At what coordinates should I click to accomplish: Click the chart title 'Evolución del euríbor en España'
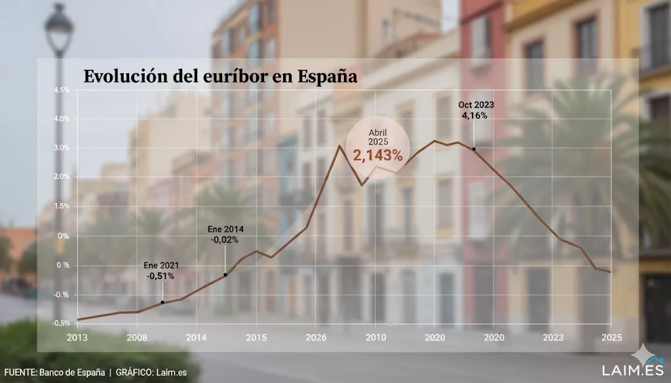point(220,77)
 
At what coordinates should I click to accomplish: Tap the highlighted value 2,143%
point(377,155)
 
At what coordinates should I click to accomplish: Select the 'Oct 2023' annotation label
point(476,105)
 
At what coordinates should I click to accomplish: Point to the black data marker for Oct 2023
point(474,149)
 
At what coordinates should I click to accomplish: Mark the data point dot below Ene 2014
point(225,274)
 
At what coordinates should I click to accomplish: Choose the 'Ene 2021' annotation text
point(161,266)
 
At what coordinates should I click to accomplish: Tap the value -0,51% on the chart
point(161,276)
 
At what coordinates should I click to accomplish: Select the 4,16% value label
point(476,116)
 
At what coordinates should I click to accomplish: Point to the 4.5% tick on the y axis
point(62,90)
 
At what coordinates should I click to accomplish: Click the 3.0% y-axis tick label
point(62,148)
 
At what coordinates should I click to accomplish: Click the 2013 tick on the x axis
point(77,338)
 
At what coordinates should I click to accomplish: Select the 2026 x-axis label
point(315,338)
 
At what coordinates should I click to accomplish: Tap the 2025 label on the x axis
point(610,338)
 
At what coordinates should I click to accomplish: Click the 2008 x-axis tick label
point(136,338)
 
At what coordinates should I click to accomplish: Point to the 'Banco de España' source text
point(71,373)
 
